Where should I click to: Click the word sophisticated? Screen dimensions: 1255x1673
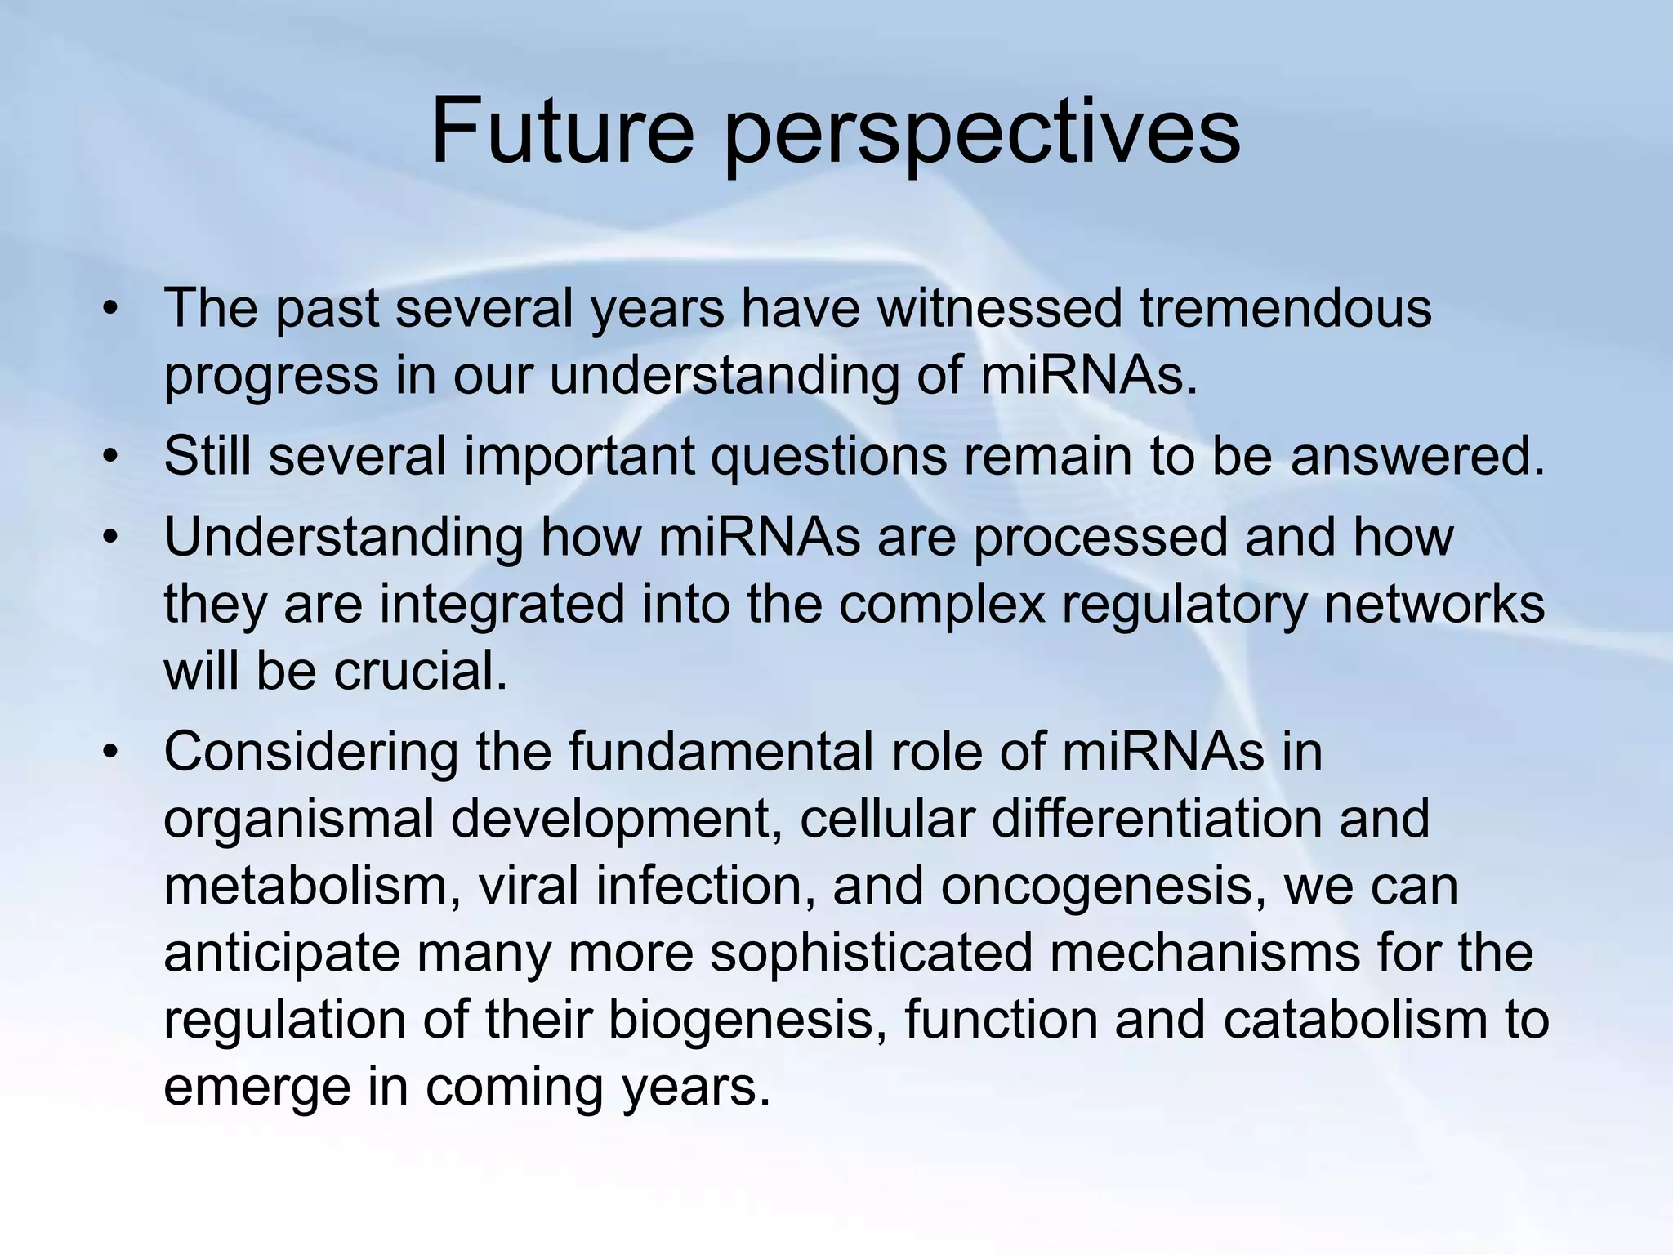tap(871, 954)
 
